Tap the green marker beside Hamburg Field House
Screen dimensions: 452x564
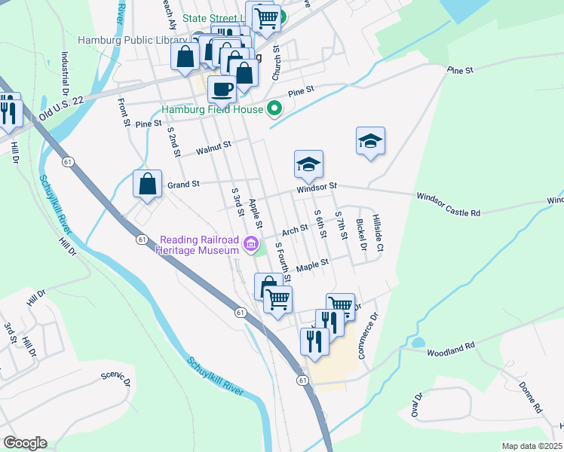[274, 109]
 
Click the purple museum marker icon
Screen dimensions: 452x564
[251, 243]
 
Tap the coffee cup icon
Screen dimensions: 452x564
[222, 90]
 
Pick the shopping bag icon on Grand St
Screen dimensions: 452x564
[148, 183]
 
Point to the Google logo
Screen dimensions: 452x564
[25, 443]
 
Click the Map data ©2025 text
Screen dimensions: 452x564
[532, 446]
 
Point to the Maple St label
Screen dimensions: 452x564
[313, 264]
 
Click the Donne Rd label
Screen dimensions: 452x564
[531, 396]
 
